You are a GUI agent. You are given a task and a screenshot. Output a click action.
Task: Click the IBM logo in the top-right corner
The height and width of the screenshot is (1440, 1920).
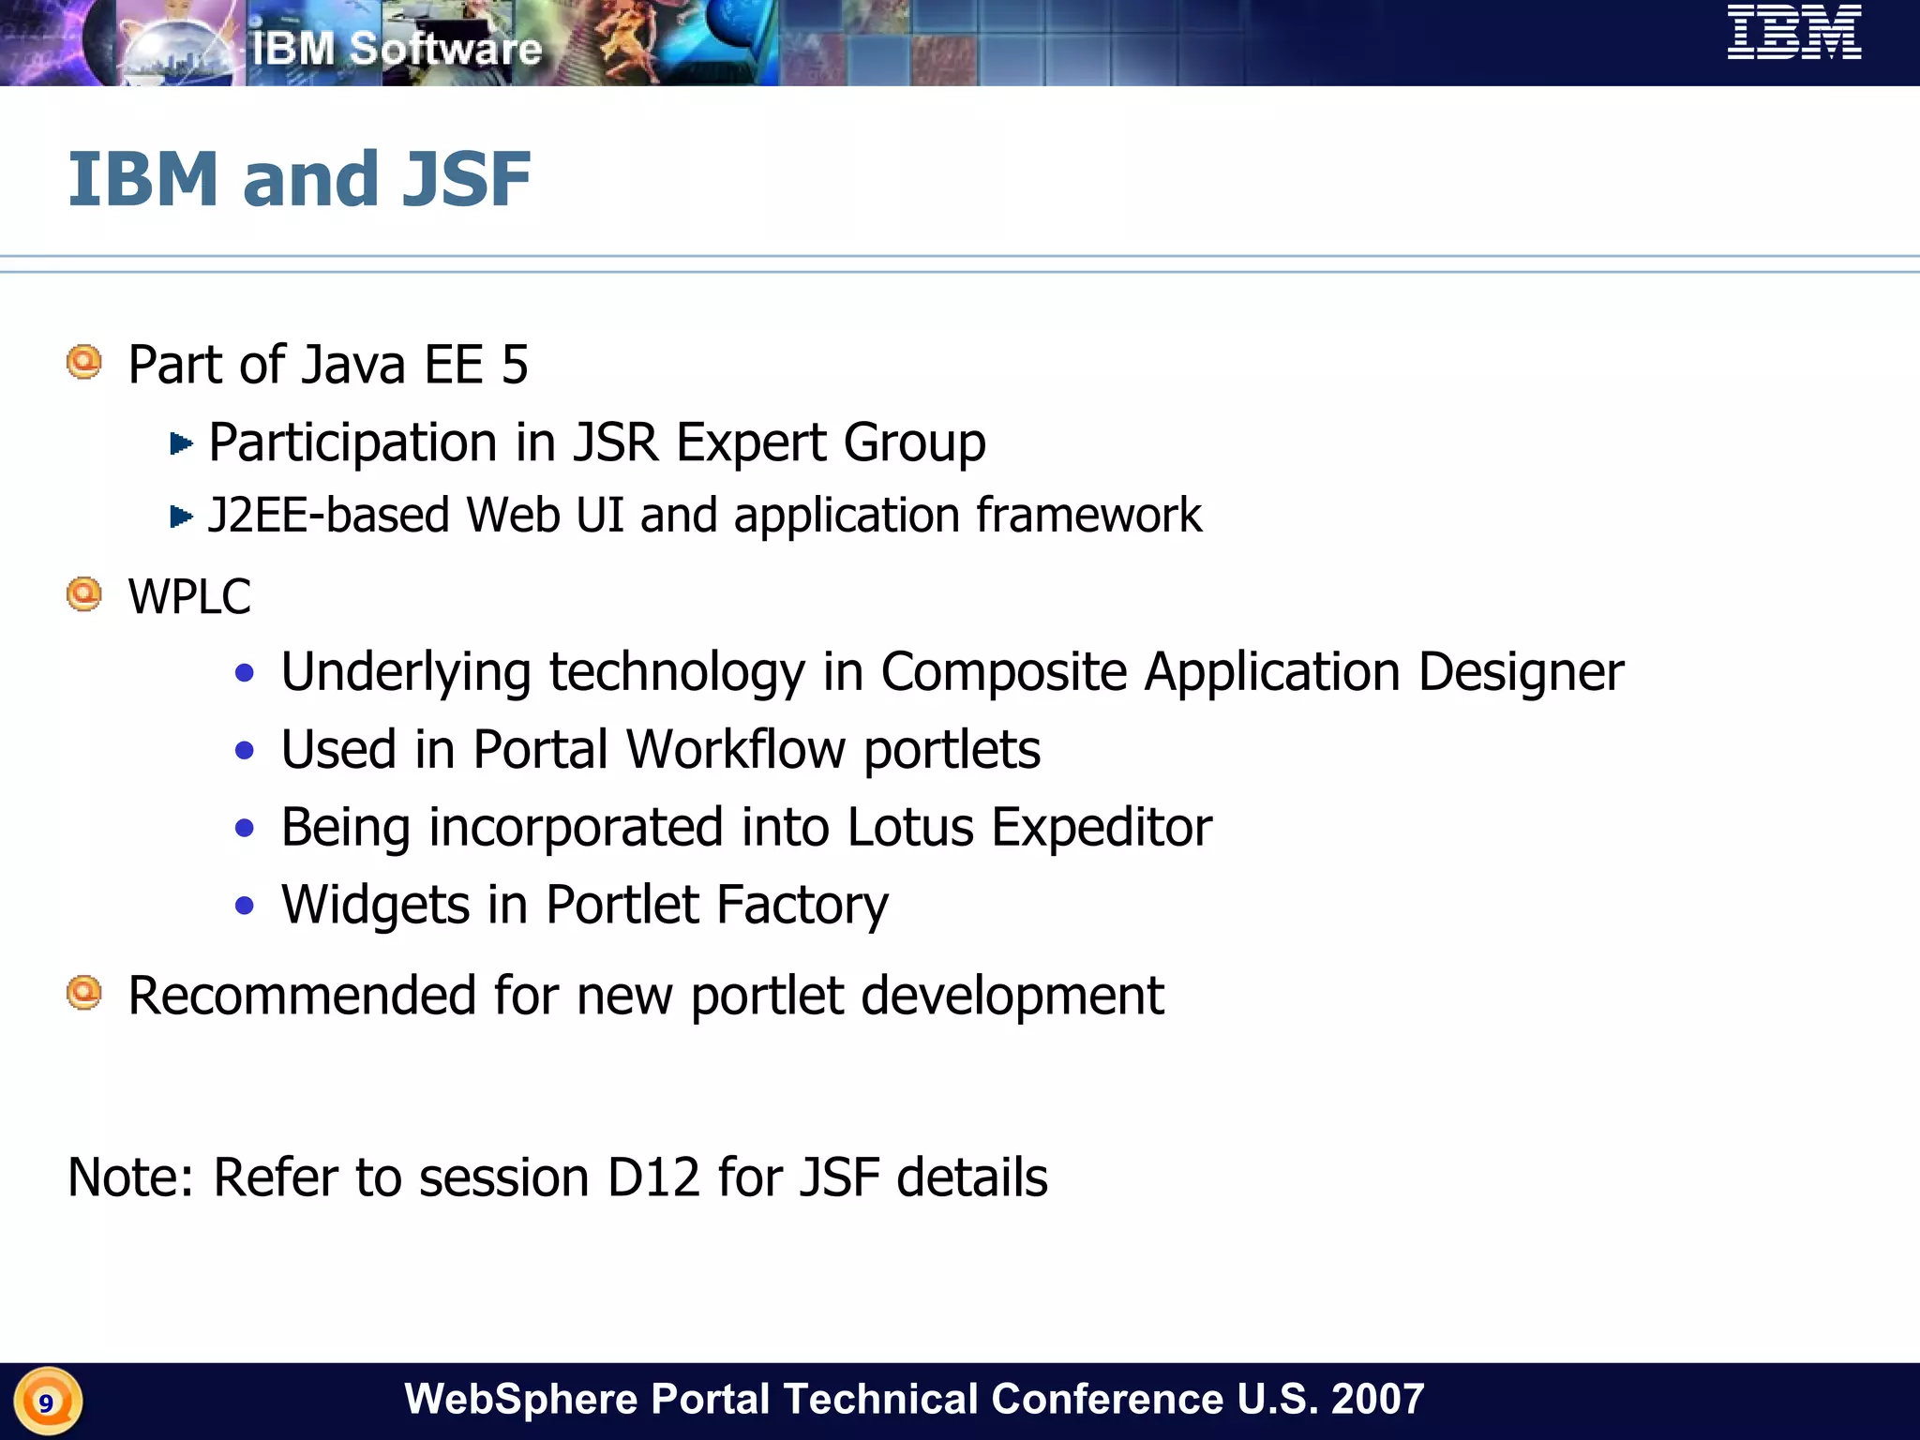click(1793, 32)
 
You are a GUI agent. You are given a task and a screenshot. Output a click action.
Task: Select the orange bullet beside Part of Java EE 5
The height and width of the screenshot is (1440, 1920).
click(84, 362)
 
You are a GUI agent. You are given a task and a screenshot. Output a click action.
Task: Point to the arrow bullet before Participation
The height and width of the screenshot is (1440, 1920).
click(181, 442)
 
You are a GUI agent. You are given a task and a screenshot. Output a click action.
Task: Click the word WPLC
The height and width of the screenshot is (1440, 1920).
click(189, 596)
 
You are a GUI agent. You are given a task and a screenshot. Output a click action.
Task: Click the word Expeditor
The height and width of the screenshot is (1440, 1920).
click(1102, 827)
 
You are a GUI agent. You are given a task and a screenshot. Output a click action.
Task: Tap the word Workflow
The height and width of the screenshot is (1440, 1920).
click(735, 749)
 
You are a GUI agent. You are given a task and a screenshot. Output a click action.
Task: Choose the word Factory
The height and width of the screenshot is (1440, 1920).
click(802, 905)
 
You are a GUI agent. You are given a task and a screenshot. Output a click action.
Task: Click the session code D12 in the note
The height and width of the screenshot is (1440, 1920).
click(653, 1177)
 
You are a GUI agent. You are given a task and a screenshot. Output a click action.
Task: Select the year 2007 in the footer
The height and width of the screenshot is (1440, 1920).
click(1377, 1399)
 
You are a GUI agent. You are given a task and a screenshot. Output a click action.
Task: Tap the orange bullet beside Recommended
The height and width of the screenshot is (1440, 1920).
click(84, 993)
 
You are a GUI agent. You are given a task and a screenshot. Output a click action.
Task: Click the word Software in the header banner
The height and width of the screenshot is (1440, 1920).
click(445, 49)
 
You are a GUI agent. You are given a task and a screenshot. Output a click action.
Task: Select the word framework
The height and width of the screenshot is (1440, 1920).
click(1088, 515)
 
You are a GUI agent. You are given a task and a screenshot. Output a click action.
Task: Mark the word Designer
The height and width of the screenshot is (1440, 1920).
click(1521, 672)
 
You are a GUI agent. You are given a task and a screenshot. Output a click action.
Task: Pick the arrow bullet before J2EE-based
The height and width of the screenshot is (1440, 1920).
click(181, 516)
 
